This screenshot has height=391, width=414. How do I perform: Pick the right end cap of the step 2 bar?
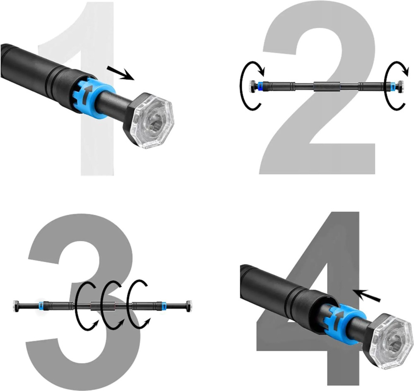400,86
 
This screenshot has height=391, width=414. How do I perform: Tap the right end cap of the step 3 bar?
189,305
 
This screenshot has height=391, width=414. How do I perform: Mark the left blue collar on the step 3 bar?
41,305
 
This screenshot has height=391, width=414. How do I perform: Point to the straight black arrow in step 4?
367,295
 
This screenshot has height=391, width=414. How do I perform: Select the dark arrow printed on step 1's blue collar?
87,94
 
